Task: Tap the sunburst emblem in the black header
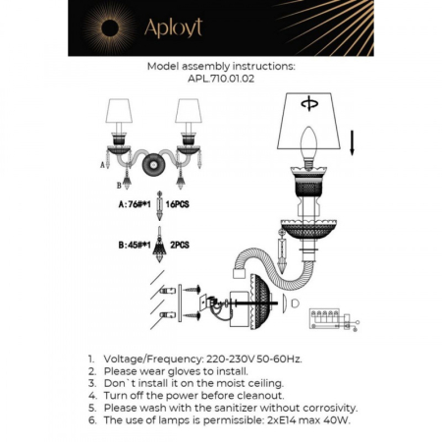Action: pos(101,27)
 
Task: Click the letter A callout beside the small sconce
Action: pos(103,168)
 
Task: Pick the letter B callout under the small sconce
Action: pos(118,184)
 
